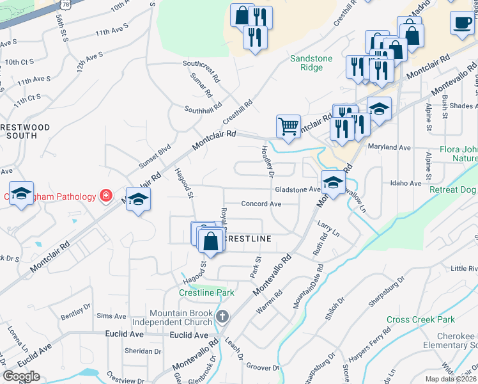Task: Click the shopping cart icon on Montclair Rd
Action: tap(288, 127)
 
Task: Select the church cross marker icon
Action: tap(222, 317)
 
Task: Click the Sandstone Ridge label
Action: tap(311, 63)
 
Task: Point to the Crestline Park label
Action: tap(206, 292)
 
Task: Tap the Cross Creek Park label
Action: tap(420, 319)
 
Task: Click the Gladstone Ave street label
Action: tap(297, 190)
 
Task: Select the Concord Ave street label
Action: tap(261, 204)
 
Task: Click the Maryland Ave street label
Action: tap(389, 148)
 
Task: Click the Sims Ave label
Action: tap(111, 316)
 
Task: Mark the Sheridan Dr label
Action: tap(143, 351)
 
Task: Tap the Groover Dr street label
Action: tap(263, 368)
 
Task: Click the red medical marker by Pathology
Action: tap(106, 195)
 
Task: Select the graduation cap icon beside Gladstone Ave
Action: tap(332, 183)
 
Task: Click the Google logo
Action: tap(21, 376)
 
